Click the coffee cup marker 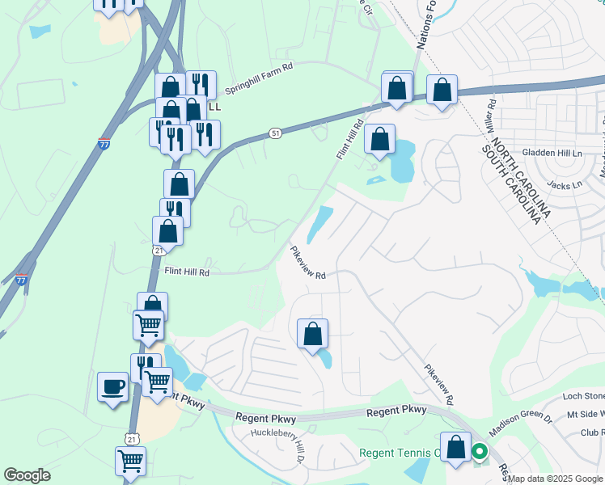[x=112, y=386]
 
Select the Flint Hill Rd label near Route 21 [x=188, y=273]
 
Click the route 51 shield [x=276, y=133]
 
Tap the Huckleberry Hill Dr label [x=277, y=441]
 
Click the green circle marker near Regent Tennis [x=480, y=453]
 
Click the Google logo [x=27, y=475]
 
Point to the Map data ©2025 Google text [x=556, y=479]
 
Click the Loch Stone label [x=583, y=396]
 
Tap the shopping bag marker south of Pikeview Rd [x=312, y=334]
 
